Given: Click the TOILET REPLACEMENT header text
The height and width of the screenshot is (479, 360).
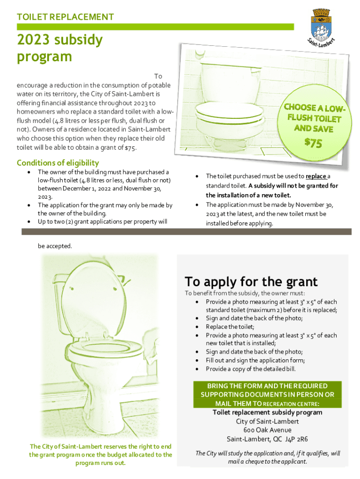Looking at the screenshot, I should [x=65, y=17].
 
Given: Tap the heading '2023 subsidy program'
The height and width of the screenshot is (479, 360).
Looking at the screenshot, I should [x=59, y=48].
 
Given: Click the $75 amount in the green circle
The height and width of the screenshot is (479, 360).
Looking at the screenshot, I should [x=313, y=143].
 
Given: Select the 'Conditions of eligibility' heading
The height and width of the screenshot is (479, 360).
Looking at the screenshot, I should [x=58, y=163].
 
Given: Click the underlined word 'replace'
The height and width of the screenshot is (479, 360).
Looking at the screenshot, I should [x=316, y=176].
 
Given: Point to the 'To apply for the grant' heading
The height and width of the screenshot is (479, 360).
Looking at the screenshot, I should [x=251, y=282].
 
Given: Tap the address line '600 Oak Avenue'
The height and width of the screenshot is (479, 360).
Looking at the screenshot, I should [x=267, y=430].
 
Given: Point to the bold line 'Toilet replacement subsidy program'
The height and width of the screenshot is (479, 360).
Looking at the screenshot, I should [x=267, y=413].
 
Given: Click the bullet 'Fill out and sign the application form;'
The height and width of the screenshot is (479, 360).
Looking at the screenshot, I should [x=255, y=360].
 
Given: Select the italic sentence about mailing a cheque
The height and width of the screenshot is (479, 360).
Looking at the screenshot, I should [x=267, y=457].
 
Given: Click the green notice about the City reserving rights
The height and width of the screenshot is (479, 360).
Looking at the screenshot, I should [x=101, y=454].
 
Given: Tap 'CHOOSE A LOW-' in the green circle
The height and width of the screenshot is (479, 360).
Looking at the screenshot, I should [x=315, y=109].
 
